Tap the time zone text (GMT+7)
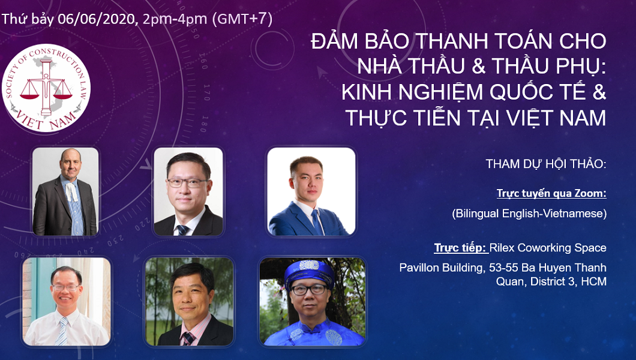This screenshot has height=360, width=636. pyautogui.click(x=242, y=19)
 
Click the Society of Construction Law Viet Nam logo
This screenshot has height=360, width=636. pyautogui.click(x=46, y=88)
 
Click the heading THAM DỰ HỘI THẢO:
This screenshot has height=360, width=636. pyautogui.click(x=546, y=164)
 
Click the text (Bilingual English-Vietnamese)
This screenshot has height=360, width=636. pyautogui.click(x=529, y=214)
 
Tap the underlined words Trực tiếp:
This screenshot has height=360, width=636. pyautogui.click(x=461, y=247)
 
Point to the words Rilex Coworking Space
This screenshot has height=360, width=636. pyautogui.click(x=548, y=248)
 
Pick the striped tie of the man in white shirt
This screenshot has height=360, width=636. pyautogui.click(x=62, y=331)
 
